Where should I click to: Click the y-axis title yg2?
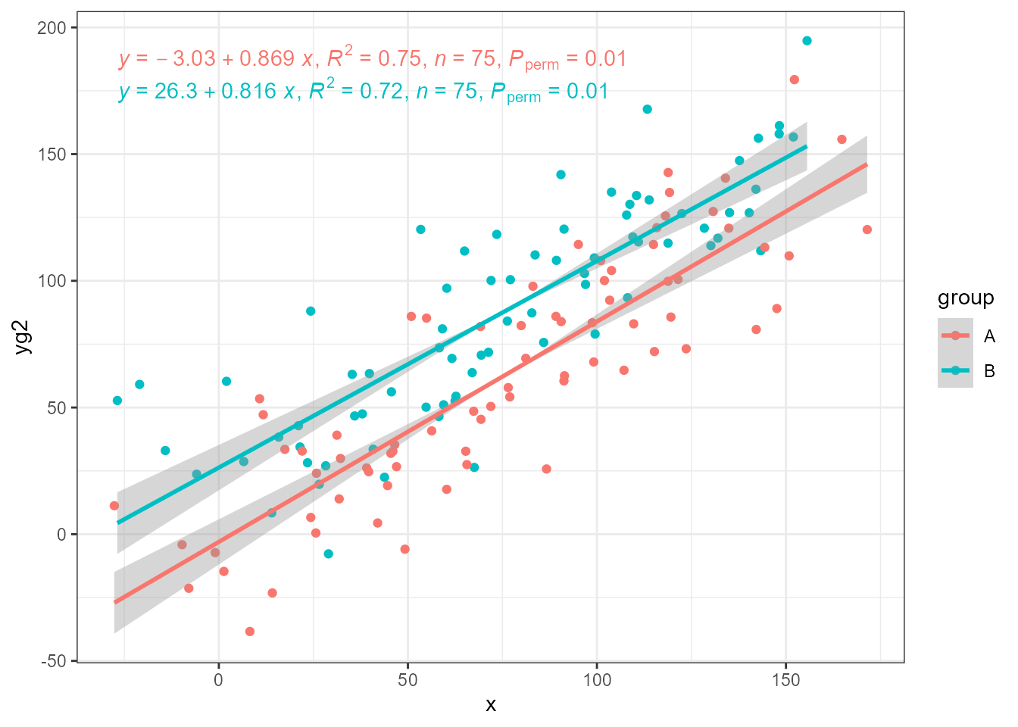23,336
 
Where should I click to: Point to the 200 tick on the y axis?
58,28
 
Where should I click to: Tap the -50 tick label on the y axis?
53,661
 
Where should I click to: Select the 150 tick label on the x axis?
785,681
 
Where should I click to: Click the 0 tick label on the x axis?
219,681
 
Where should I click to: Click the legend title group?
966,298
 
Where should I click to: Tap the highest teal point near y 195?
807,41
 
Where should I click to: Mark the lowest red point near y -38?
250,632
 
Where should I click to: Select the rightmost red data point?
867,229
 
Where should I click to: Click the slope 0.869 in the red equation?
267,59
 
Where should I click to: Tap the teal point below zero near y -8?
328,554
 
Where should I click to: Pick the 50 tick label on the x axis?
408,681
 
